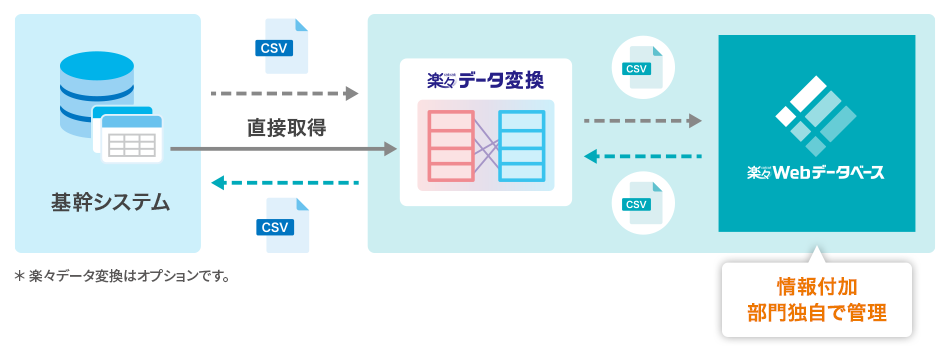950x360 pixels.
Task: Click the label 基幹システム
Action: point(111,202)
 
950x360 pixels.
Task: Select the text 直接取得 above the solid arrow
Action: point(287,128)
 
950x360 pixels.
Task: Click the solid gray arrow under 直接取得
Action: point(284,148)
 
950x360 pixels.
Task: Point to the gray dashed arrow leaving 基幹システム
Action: point(285,93)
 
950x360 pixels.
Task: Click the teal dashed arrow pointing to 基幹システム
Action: point(285,182)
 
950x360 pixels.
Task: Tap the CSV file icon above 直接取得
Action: point(282,46)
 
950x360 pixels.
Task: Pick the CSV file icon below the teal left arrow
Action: point(282,225)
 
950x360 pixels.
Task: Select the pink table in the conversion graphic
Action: point(450,146)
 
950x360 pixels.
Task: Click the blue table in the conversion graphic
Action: point(521,146)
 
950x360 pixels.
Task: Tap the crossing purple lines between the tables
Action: point(486,146)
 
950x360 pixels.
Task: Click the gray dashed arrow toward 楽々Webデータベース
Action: point(643,121)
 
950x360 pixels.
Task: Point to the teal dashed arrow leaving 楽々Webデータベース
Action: point(643,157)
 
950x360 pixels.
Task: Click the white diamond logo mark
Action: point(815,115)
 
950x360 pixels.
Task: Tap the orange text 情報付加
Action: point(816,285)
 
